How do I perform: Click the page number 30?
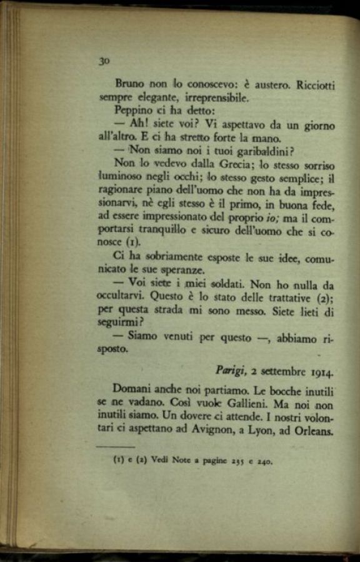[x=104, y=61]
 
